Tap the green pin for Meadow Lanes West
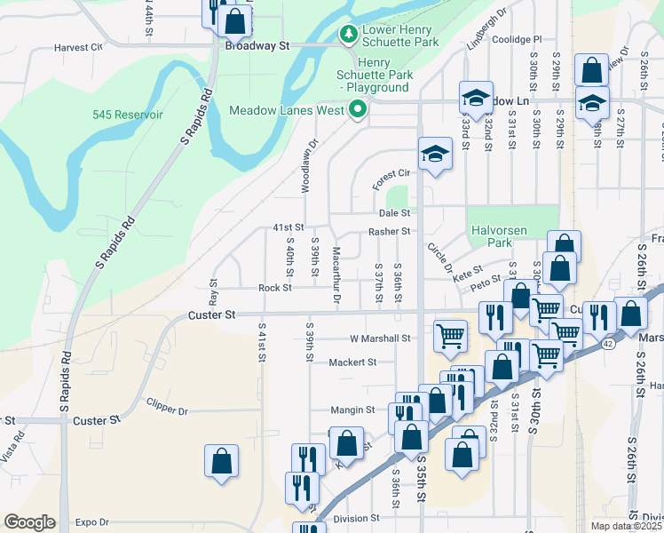359,111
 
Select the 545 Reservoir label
127,115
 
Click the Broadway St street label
257,44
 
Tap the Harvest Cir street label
79,48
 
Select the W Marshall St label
379,338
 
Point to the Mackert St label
352,362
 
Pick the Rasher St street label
389,232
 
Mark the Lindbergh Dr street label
486,28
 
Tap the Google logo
29,522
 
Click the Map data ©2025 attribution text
627,526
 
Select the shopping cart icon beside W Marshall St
451,335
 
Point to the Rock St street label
275,288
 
